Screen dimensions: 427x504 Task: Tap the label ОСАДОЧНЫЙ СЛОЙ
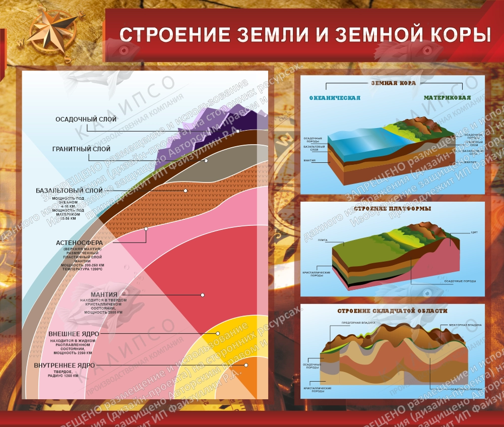click(86, 119)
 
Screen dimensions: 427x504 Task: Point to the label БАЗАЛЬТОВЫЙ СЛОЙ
click(69, 191)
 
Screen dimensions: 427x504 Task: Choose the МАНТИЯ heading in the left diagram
click(104, 294)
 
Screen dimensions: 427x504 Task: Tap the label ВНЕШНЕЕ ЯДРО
click(73, 334)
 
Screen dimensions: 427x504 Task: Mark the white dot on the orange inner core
click(246, 365)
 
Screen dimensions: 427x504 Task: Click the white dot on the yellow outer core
click(218, 334)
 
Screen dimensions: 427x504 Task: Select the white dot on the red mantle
click(203, 294)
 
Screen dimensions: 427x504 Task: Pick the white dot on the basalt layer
click(185, 191)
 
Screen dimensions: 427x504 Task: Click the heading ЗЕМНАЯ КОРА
click(393, 83)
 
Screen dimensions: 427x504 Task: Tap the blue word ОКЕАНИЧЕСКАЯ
click(335, 98)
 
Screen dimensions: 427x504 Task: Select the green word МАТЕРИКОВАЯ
click(447, 98)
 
